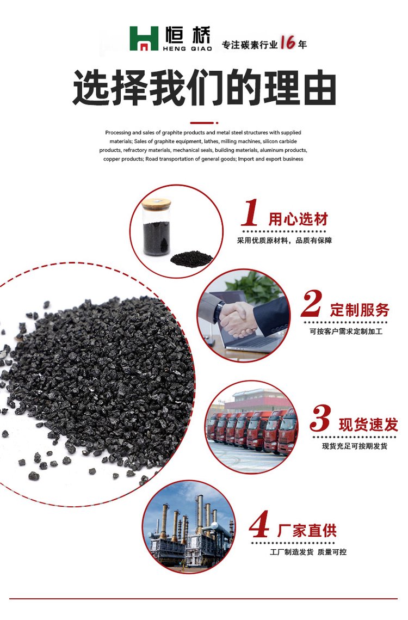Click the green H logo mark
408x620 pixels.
(144, 38)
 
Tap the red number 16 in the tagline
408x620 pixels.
(287, 42)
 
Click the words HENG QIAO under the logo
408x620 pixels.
(187, 48)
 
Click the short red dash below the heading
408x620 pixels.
(204, 123)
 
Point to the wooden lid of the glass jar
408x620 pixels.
(157, 203)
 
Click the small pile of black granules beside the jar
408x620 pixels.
(191, 259)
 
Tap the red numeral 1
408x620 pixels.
(250, 213)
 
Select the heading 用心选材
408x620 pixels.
(299, 219)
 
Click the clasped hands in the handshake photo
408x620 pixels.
(237, 319)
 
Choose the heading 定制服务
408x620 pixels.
(360, 310)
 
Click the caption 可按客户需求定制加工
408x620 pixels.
(346, 332)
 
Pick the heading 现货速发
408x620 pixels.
(368, 424)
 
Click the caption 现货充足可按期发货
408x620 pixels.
(355, 446)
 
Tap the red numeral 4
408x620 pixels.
(259, 524)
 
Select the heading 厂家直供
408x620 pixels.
(307, 530)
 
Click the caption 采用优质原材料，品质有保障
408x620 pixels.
(285, 241)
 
